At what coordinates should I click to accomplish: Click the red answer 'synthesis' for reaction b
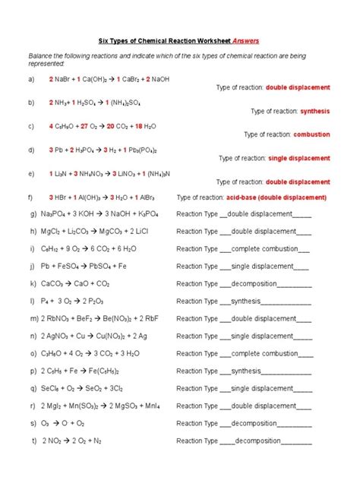[314, 111]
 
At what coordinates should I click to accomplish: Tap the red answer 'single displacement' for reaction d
[299, 159]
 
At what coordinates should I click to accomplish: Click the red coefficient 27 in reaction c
[85, 126]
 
